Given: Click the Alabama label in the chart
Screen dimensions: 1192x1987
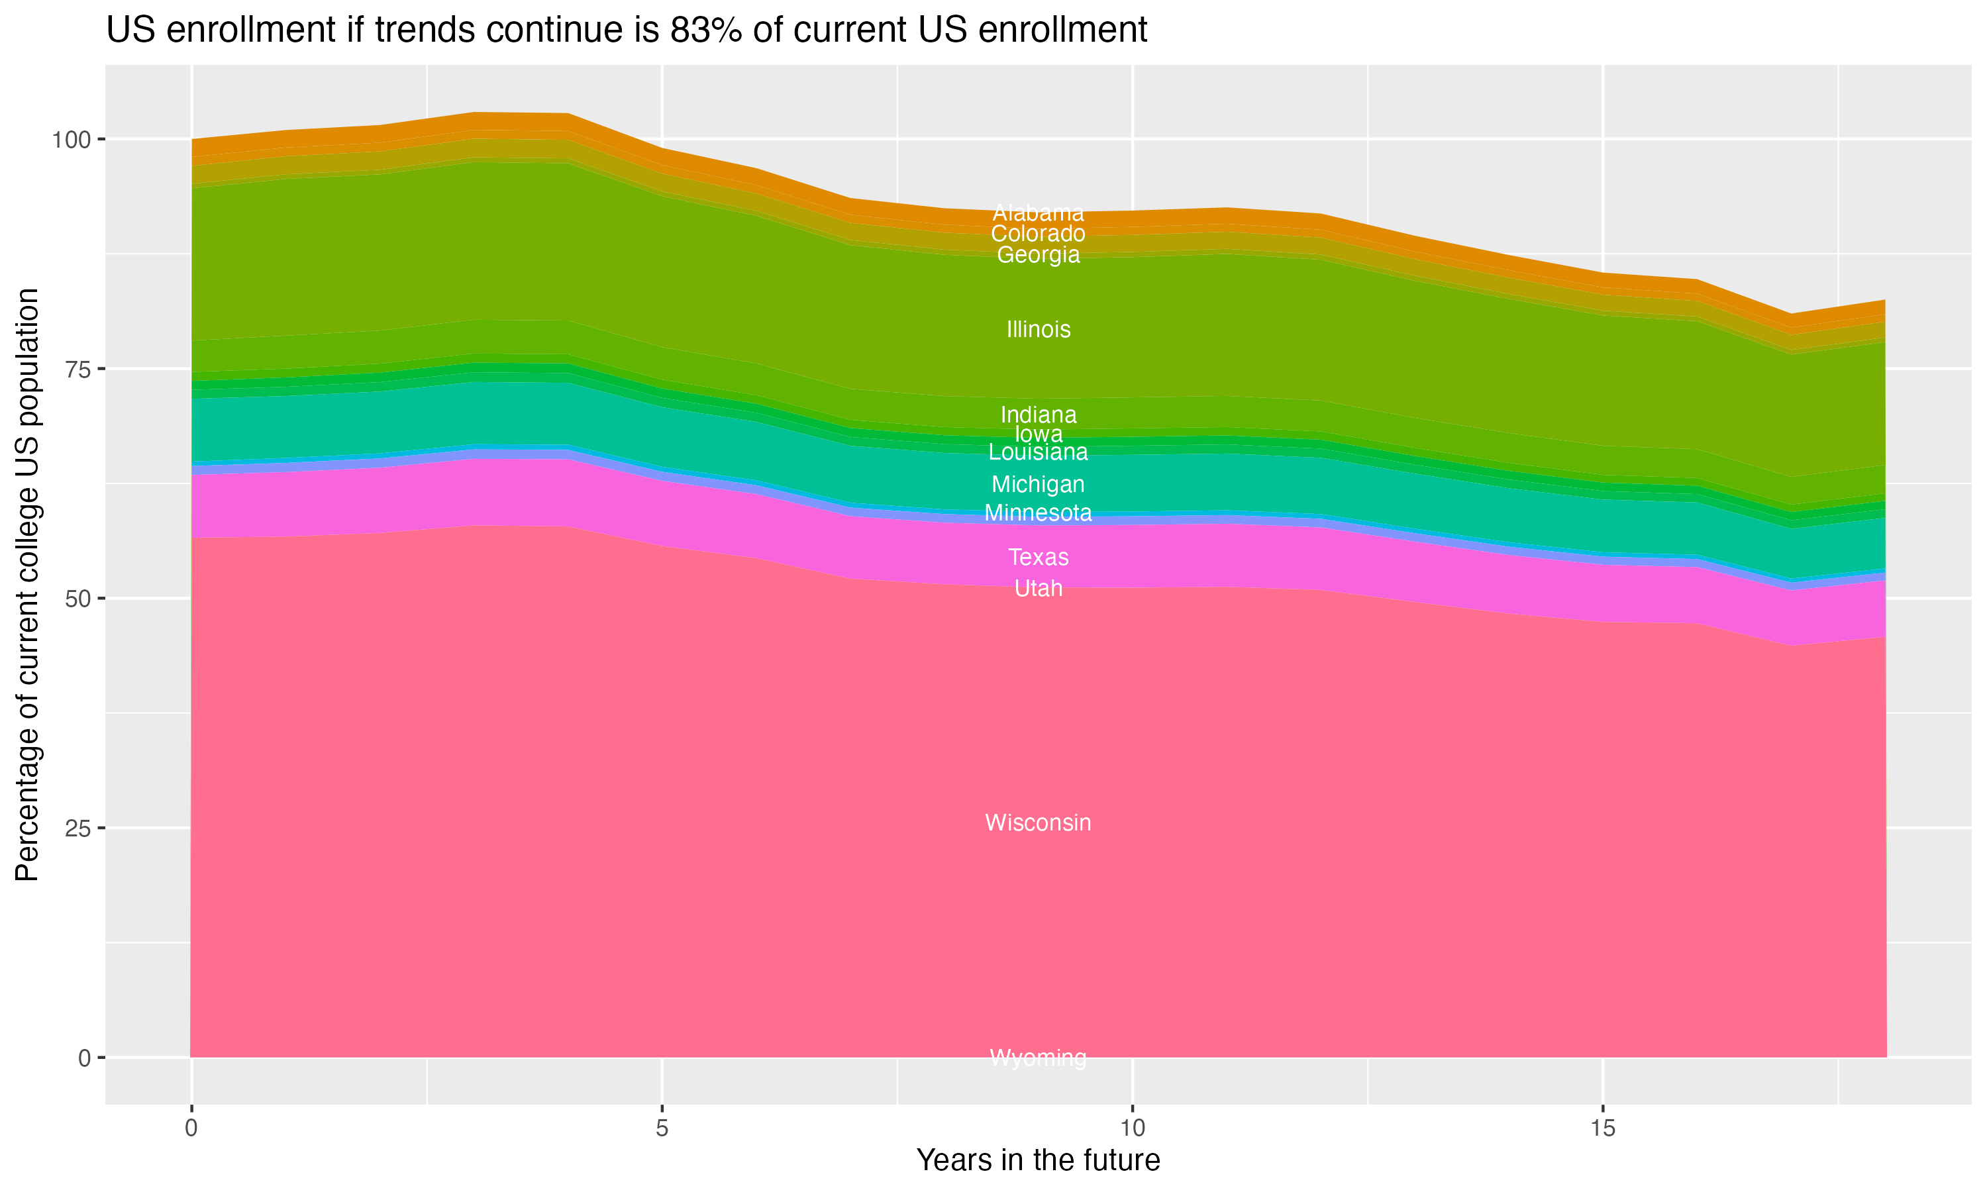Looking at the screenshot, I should pos(1038,213).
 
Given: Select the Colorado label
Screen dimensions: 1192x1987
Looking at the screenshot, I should pos(1038,234).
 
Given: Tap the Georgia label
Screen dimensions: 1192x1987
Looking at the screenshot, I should pos(1038,255).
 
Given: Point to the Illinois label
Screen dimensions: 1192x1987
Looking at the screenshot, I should pos(1038,329).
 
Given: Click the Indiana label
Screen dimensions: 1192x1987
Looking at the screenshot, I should pos(1038,415).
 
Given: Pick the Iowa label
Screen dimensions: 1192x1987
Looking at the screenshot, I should pos(1038,434).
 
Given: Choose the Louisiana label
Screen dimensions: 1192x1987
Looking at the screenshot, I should pos(1038,452).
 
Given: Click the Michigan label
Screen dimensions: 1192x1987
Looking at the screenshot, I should pos(1038,484).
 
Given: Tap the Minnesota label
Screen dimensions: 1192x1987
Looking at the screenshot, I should pos(1038,513).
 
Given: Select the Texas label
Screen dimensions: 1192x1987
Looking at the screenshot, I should pos(1038,557).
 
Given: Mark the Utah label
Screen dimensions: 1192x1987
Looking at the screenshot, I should pos(1038,589).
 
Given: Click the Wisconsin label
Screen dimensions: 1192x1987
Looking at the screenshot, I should pos(1038,822).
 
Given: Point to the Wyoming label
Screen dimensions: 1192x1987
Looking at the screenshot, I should pos(1038,1058).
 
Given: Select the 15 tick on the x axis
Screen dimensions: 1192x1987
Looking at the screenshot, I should pos(1602,1128).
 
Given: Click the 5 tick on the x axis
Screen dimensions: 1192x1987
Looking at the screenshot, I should pos(662,1128).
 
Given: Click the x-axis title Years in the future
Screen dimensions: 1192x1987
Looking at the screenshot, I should pos(1038,1160).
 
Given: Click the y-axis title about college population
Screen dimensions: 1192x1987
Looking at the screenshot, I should pos(27,584).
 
